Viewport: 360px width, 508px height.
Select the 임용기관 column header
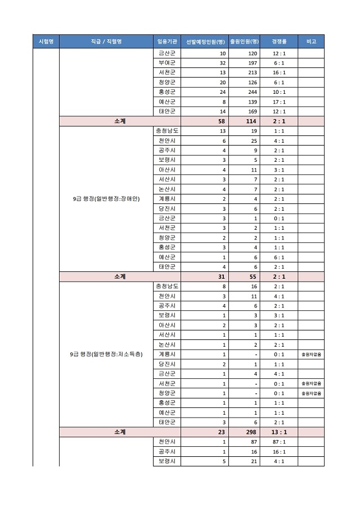point(166,42)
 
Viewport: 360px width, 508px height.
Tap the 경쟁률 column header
point(279,42)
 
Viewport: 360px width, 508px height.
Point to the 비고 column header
point(311,42)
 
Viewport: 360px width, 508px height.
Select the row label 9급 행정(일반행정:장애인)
point(106,199)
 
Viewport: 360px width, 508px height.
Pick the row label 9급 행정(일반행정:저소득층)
point(106,355)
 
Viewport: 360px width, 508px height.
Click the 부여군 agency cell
point(166,63)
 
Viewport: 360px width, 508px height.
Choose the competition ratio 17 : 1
point(279,102)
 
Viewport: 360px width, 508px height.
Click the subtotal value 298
point(251,432)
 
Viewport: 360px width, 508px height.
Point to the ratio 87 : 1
point(279,442)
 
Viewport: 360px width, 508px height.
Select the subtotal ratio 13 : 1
point(279,432)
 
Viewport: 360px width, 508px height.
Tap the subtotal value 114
point(251,121)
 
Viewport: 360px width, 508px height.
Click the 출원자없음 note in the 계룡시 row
point(311,355)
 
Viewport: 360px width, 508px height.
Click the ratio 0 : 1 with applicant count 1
point(279,219)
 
